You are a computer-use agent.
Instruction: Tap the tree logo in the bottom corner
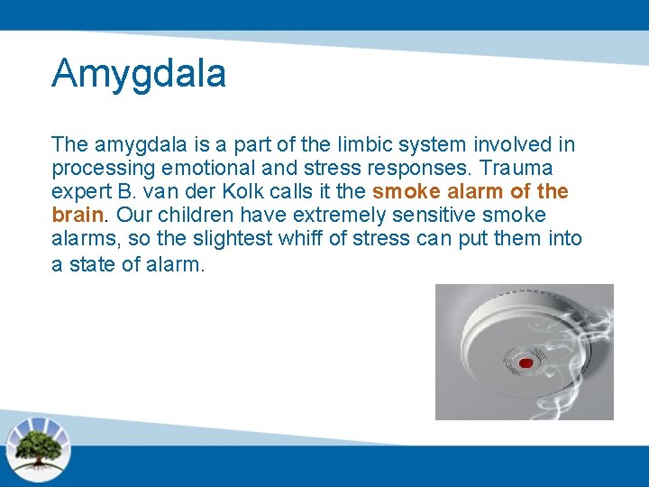(x=37, y=447)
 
